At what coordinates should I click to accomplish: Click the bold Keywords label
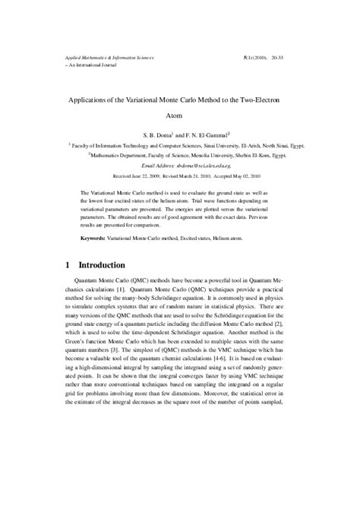click(x=96, y=238)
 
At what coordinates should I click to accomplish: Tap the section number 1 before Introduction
click(x=68, y=266)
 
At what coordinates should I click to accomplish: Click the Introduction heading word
click(x=114, y=266)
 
